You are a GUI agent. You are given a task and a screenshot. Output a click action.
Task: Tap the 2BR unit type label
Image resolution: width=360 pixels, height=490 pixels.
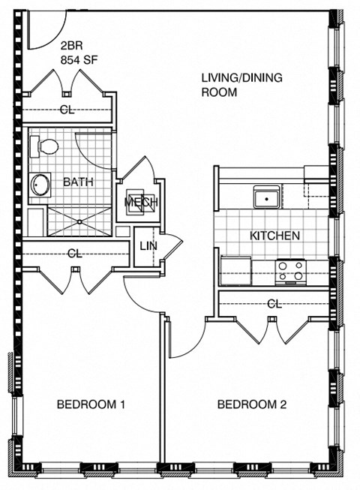pos(71,44)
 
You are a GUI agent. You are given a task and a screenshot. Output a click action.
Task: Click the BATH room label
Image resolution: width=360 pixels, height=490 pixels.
pos(78,182)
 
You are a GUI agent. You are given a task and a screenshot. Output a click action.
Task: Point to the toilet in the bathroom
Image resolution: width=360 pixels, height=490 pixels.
pos(47,146)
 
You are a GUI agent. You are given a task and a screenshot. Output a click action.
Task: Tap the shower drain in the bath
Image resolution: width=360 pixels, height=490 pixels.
pos(77,221)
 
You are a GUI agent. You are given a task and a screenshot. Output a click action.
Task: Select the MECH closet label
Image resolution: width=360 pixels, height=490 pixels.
pos(139,203)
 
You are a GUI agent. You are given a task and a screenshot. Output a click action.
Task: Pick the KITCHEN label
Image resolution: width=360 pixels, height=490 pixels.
pos(274,236)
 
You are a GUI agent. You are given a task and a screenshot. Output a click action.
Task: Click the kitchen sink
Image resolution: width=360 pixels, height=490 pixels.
pos(266,198)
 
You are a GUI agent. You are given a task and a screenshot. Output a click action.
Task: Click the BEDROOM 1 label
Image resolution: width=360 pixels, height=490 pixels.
pos(91,405)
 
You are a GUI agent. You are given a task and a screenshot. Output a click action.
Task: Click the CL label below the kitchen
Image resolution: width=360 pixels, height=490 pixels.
pos(274,304)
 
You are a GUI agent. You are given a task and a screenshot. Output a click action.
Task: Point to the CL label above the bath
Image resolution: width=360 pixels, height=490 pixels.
pos(67,110)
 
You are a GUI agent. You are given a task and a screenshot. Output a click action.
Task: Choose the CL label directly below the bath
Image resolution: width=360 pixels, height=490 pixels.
pos(74,254)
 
